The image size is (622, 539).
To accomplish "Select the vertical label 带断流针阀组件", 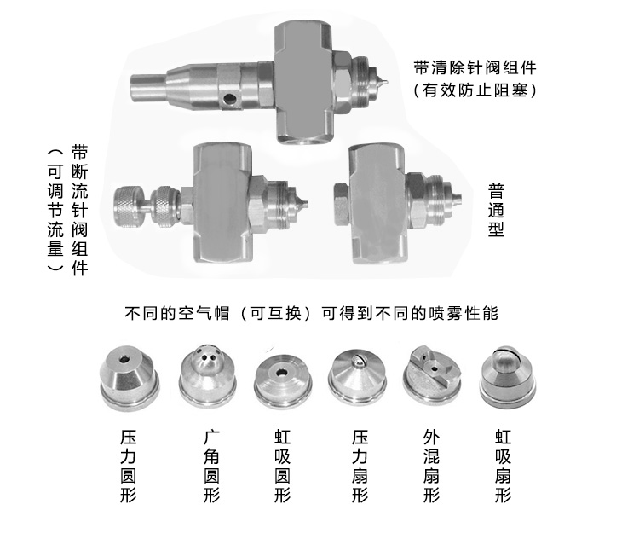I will pos(79,210).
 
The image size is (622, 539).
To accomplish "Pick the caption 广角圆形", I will pos(210,467).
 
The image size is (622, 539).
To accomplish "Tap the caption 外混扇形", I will pos(432,467).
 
